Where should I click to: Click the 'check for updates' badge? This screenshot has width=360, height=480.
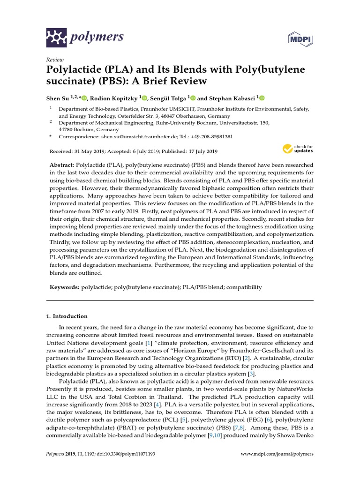[x=298, y=149]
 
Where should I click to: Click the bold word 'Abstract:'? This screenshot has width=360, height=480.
[x=61, y=166]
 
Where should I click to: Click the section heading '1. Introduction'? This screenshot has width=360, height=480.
[x=67, y=316]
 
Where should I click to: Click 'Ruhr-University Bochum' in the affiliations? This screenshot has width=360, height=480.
[x=180, y=122]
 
